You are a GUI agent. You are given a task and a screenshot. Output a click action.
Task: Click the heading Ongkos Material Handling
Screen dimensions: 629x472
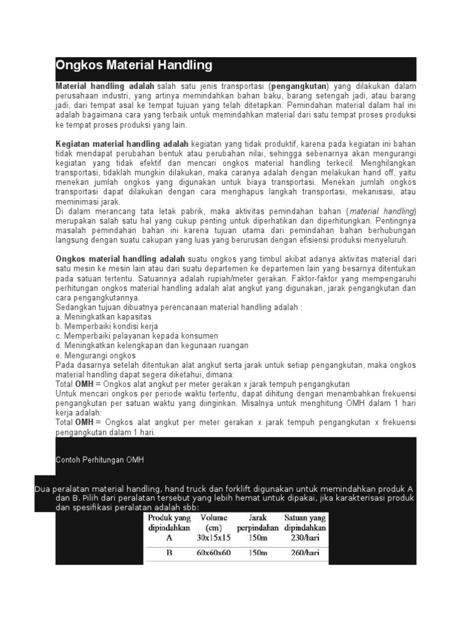pyautogui.click(x=134, y=65)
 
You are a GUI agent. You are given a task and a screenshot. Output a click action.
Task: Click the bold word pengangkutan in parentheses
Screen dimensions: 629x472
pyautogui.click(x=299, y=87)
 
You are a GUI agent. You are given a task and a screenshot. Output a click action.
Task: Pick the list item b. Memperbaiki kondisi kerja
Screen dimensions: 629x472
pyautogui.click(x=106, y=326)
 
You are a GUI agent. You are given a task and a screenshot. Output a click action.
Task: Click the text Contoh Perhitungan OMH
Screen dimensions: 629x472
pyautogui.click(x=100, y=460)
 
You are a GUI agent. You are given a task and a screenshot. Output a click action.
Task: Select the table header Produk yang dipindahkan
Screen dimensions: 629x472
pyautogui.click(x=170, y=522)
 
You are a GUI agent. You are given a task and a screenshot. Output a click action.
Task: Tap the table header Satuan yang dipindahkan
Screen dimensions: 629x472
pyautogui.click(x=305, y=522)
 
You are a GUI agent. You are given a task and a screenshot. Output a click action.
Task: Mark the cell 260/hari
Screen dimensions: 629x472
pyautogui.click(x=305, y=552)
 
